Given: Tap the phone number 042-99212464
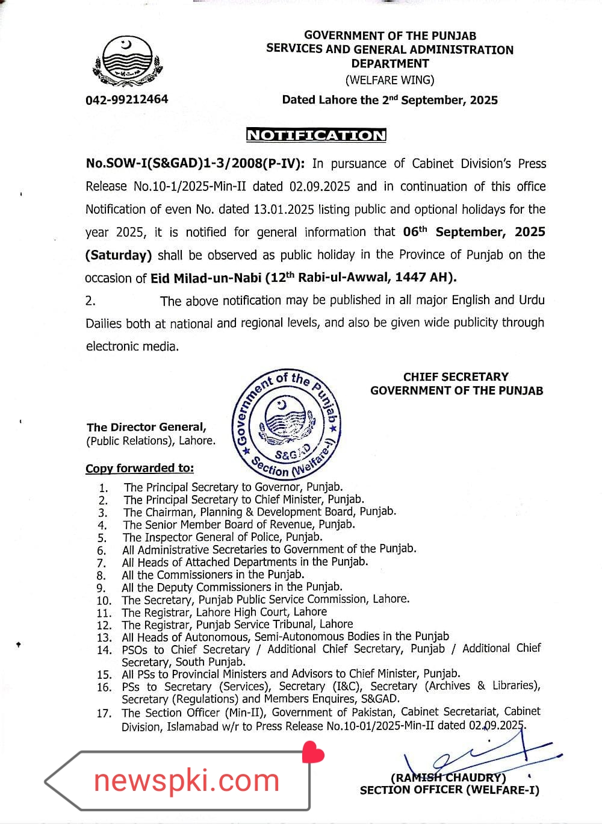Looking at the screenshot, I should pyautogui.click(x=127, y=99).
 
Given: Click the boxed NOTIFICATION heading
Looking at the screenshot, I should pyautogui.click(x=316, y=135).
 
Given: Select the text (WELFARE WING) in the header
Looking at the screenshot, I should pyautogui.click(x=389, y=80).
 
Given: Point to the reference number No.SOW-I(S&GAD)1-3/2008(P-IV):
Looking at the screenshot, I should pyautogui.click(x=195, y=164).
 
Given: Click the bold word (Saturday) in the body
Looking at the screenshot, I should pyautogui.click(x=119, y=255).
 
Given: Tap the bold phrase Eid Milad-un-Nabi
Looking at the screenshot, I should pyautogui.click(x=206, y=278).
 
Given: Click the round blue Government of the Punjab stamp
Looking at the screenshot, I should pyautogui.click(x=287, y=423).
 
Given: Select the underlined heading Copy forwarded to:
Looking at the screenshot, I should pyautogui.click(x=140, y=469).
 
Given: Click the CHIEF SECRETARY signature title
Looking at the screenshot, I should pyautogui.click(x=456, y=377).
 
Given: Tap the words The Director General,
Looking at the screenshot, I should pyautogui.click(x=146, y=428).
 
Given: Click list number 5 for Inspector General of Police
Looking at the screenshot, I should pyautogui.click(x=102, y=538).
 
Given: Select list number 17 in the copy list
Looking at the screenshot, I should pyautogui.click(x=104, y=714).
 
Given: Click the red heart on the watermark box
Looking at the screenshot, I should pyautogui.click(x=313, y=753).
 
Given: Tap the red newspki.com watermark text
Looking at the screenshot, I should pyautogui.click(x=187, y=781).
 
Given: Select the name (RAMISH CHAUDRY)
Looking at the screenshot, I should pyautogui.click(x=448, y=778).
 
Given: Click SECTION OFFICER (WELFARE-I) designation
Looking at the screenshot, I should pyautogui.click(x=449, y=790).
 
